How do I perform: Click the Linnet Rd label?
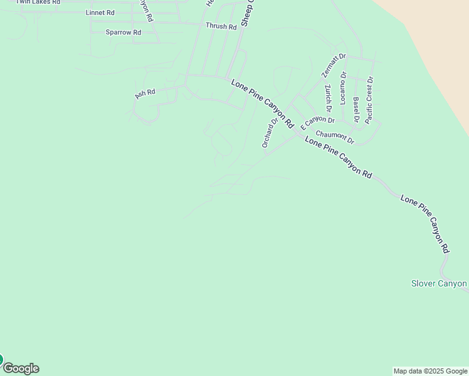(x=100, y=13)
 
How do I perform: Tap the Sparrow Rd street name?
(x=123, y=32)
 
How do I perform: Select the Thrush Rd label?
(x=221, y=26)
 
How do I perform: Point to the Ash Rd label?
(x=145, y=93)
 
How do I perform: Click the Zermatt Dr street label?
(x=334, y=65)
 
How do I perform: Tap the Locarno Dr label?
(x=343, y=88)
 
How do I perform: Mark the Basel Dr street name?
(x=356, y=110)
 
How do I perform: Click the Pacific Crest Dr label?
(x=369, y=100)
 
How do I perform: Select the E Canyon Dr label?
(x=318, y=122)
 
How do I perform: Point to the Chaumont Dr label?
(x=335, y=136)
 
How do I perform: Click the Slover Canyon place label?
(x=439, y=283)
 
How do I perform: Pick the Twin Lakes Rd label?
(x=38, y=2)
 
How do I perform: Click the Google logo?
(x=21, y=368)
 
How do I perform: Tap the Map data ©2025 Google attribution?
(x=430, y=371)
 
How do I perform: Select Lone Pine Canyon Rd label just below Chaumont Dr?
(x=339, y=157)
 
